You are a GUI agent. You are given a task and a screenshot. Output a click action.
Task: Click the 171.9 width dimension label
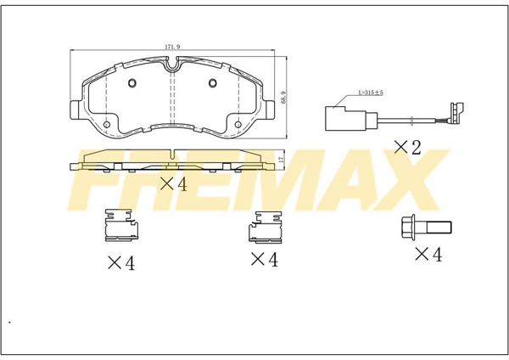[x=172, y=47]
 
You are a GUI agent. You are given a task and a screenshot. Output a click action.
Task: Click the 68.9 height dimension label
[x=284, y=97]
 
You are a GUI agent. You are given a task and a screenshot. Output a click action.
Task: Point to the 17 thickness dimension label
[x=281, y=160]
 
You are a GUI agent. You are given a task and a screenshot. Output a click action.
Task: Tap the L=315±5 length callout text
[x=371, y=93]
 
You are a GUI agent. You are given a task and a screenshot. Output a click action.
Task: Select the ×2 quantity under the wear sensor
[x=407, y=148]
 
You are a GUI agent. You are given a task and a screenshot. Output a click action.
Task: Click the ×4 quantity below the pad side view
[x=174, y=184]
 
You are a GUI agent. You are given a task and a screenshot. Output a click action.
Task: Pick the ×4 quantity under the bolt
[x=428, y=254]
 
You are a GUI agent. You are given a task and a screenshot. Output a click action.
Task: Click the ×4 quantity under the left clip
[x=121, y=263]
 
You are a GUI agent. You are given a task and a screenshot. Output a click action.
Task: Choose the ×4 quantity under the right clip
[x=265, y=260]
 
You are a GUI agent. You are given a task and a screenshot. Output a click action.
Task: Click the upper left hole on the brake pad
[x=132, y=83]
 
